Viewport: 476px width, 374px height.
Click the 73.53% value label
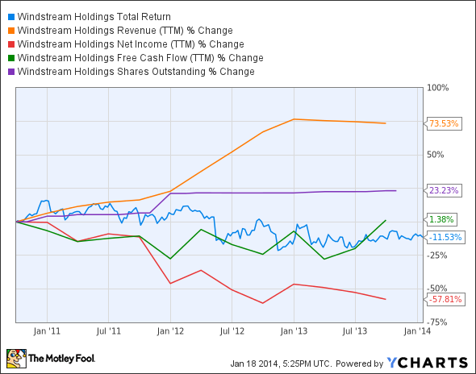click(x=444, y=123)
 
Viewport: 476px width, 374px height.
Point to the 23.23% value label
click(x=444, y=191)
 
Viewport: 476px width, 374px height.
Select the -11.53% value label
click(x=445, y=237)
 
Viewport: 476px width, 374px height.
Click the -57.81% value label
click(x=445, y=299)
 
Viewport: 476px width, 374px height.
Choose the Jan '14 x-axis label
click(x=417, y=330)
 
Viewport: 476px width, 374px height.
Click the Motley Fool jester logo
click(x=16, y=358)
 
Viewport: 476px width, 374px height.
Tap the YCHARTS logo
click(x=426, y=361)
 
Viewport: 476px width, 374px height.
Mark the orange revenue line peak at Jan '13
click(x=294, y=119)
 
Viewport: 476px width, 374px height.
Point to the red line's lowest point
click(x=264, y=303)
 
